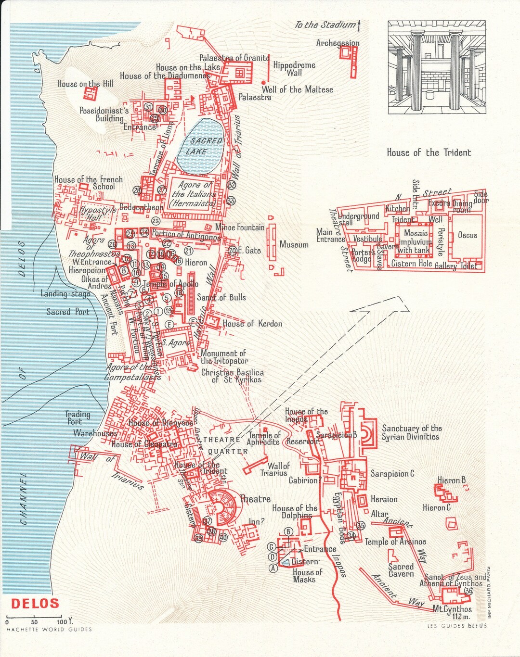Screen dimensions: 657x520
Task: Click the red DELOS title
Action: coord(35,603)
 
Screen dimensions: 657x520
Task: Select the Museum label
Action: coord(294,245)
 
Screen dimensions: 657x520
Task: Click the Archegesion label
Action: coord(338,43)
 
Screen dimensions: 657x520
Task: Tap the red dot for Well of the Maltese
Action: coord(263,83)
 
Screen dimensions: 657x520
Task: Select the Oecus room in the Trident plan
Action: coord(467,235)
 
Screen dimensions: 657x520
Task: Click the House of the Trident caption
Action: coord(429,152)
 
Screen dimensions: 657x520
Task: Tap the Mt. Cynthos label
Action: coord(452,609)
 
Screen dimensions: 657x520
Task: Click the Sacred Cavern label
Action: coord(401,570)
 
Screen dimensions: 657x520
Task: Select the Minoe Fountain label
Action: coord(239,227)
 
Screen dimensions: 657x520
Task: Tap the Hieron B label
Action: coord(451,480)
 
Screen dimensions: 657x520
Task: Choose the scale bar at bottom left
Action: coord(34,617)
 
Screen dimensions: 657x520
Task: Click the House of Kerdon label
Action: coord(252,324)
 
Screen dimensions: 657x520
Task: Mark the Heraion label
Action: coord(384,499)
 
